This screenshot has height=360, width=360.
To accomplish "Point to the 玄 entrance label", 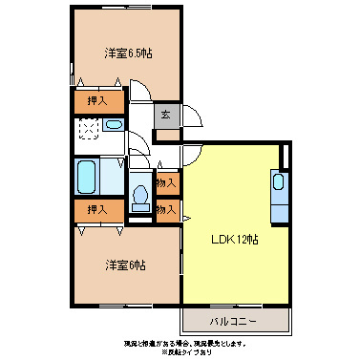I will click(165, 115).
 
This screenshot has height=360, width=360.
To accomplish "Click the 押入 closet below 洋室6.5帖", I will click(96, 99).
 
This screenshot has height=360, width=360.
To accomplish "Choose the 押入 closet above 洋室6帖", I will click(96, 208).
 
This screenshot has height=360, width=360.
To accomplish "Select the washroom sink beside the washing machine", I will click(113, 127).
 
